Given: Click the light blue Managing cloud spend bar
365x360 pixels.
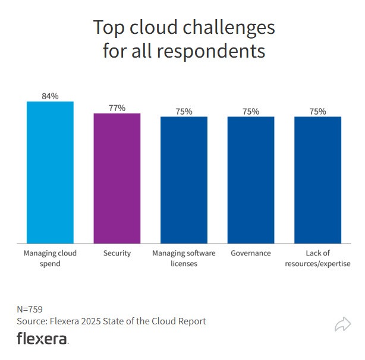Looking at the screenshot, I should (50, 172).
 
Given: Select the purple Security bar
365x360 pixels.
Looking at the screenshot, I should (117, 178).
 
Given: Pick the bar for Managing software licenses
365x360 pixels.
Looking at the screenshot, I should (184, 179).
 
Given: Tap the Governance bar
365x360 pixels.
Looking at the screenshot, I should (251, 179).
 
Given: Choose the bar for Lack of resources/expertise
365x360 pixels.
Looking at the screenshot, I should (318, 179).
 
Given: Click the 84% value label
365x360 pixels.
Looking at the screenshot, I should (50, 96).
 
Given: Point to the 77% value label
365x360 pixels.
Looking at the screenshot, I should (117, 108).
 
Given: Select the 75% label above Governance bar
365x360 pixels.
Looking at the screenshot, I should (251, 111).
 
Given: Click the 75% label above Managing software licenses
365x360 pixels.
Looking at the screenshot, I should (184, 111).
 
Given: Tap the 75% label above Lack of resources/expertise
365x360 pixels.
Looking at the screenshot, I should (318, 111).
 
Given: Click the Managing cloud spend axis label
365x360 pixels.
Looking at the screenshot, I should (50, 258).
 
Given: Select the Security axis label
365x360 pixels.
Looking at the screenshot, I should (117, 253).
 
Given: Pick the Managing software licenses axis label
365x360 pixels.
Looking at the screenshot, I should (184, 258).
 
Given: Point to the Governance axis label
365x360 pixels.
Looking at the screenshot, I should (251, 253).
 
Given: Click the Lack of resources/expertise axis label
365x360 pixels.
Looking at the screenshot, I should (318, 258).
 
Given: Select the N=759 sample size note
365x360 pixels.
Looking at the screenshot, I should (30, 309).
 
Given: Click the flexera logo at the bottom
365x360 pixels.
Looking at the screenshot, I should (42, 339).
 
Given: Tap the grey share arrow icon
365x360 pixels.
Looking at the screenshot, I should (343, 324).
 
